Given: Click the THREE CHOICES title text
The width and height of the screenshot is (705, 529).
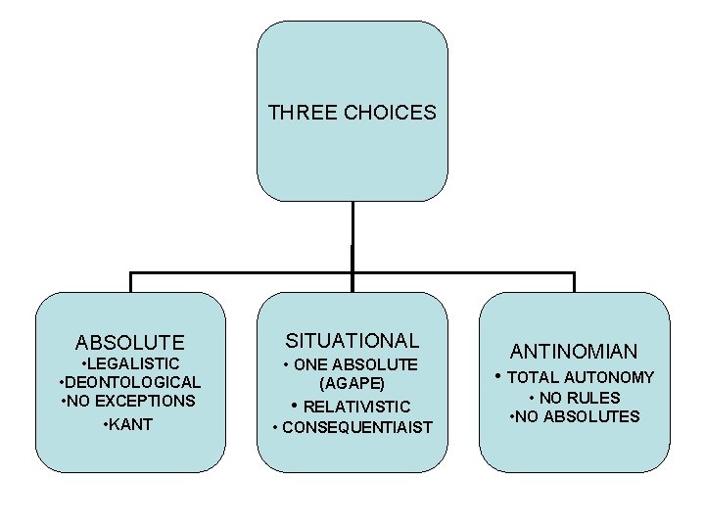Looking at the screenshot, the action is (352, 113).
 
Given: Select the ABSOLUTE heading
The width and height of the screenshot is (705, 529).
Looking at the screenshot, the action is (129, 343).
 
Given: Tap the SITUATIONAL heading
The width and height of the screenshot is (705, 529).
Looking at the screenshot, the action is (352, 341).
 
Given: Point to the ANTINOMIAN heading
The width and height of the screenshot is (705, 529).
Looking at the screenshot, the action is (574, 351).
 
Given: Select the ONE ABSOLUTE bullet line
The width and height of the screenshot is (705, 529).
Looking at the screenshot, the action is (352, 364).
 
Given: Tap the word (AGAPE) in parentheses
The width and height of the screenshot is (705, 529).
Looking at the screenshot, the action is (352, 383).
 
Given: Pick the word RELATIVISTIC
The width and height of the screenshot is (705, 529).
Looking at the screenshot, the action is (356, 406).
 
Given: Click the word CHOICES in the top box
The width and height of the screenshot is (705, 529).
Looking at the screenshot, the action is (390, 113).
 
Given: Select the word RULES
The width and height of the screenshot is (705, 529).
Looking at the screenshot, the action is (597, 398).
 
